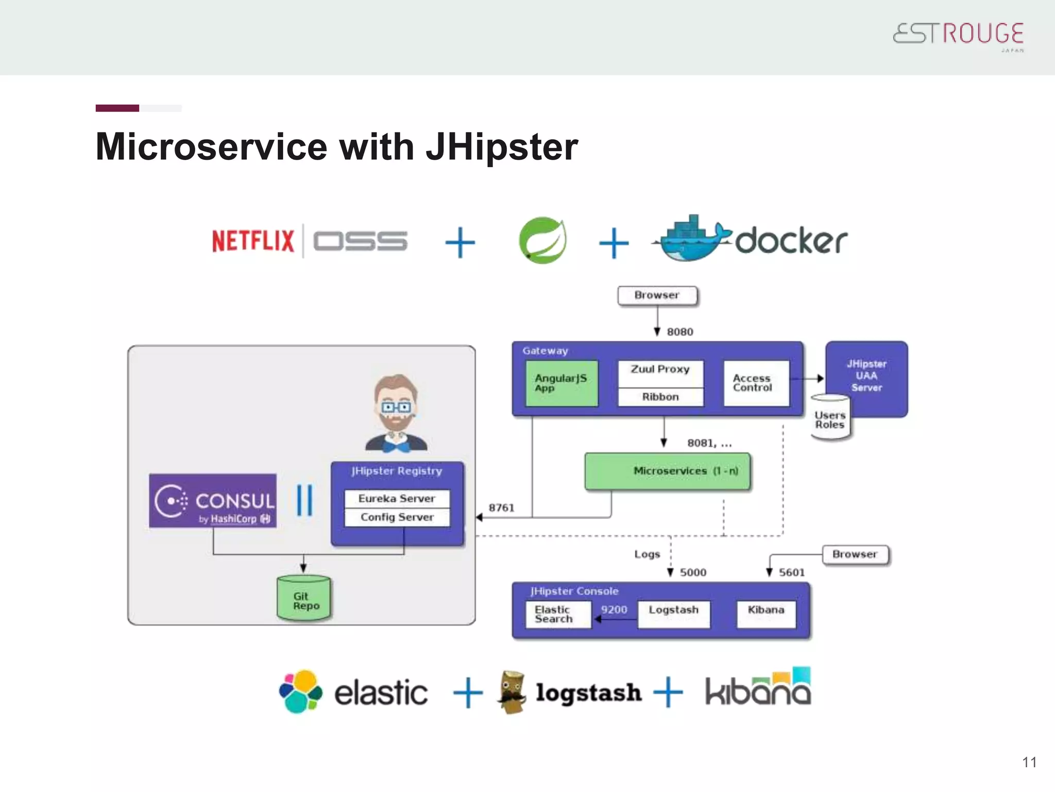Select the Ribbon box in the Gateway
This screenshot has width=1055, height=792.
(x=660, y=397)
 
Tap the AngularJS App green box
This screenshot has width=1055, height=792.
(x=561, y=383)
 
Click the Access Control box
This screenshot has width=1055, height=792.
(x=756, y=383)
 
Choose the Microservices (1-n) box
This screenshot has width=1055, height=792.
(x=668, y=471)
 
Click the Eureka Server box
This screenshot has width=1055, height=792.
(x=397, y=498)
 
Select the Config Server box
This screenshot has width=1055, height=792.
(x=397, y=517)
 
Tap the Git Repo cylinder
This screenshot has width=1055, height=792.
(x=304, y=599)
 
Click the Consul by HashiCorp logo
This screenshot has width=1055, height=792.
(x=212, y=501)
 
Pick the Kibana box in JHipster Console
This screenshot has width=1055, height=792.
(x=766, y=614)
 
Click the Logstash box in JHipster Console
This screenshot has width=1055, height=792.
(x=673, y=614)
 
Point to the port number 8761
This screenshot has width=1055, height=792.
(x=501, y=508)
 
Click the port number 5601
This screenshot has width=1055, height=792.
(x=791, y=572)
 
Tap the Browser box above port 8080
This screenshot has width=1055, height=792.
(x=657, y=295)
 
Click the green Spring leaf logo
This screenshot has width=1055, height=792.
(x=542, y=240)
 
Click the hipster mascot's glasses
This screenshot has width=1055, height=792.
(x=395, y=407)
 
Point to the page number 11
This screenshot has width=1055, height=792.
(x=1029, y=762)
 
